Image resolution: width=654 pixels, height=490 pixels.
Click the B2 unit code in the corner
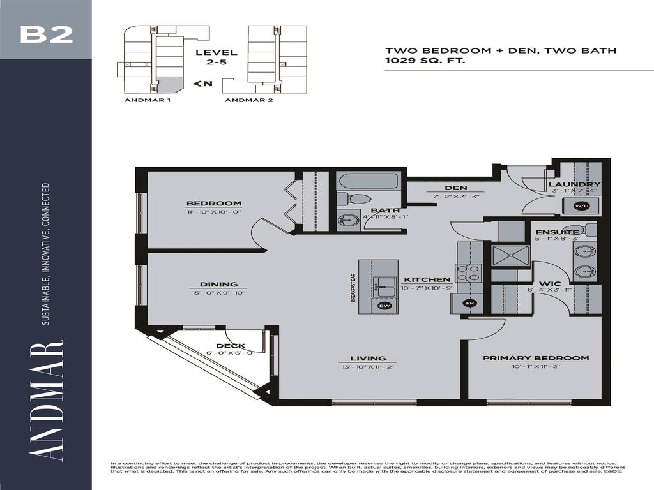pyautogui.click(x=46, y=33)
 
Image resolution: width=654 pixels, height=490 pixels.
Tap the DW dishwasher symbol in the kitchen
pyautogui.click(x=384, y=306)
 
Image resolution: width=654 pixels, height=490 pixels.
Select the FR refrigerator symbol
pyautogui.click(x=470, y=302)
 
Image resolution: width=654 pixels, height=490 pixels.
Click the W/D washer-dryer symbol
pyautogui.click(x=581, y=206)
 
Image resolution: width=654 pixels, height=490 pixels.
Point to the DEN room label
pyautogui.click(x=457, y=188)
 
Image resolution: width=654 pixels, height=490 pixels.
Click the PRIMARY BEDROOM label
pyautogui.click(x=535, y=358)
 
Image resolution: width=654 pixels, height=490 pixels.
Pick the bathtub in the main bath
pyautogui.click(x=368, y=181)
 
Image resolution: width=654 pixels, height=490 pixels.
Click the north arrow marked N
pyautogui.click(x=202, y=84)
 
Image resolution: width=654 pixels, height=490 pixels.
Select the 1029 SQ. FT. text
pyautogui.click(x=425, y=61)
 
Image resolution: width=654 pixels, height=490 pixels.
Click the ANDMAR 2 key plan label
pyautogui.click(x=249, y=100)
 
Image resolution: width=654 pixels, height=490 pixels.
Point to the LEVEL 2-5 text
pyautogui.click(x=216, y=57)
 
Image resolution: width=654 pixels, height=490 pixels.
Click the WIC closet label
pyautogui.click(x=549, y=283)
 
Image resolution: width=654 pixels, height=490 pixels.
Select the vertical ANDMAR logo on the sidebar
pyautogui.click(x=46, y=402)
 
